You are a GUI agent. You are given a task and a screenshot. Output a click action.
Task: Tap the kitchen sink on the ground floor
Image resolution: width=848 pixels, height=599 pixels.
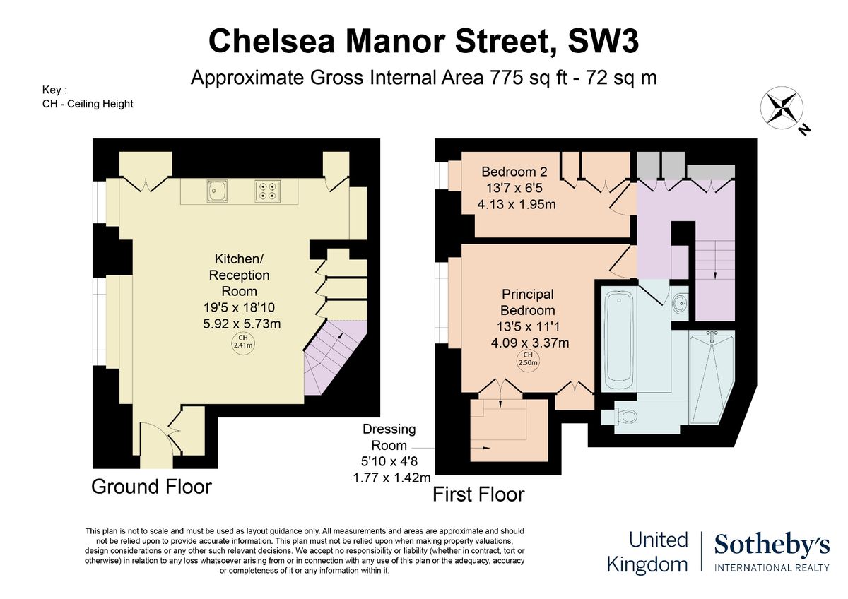(217, 190)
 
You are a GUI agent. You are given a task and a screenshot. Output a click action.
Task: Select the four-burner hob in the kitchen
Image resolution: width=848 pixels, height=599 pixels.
(267, 191)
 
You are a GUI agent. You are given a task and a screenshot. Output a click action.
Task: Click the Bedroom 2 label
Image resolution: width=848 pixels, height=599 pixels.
(514, 172)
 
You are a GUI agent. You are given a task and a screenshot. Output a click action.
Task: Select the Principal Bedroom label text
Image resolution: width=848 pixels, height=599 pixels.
(528, 302)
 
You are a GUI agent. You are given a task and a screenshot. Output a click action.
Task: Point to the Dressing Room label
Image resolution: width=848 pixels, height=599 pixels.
(389, 437)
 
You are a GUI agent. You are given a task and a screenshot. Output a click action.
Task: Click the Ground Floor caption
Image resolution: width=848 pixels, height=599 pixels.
(151, 487)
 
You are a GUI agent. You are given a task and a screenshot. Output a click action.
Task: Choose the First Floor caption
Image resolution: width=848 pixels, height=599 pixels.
(478, 494)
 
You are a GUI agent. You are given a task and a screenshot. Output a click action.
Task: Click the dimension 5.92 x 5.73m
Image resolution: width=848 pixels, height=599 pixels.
(242, 324)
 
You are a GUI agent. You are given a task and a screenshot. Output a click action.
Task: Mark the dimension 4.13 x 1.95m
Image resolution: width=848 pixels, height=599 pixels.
(517, 204)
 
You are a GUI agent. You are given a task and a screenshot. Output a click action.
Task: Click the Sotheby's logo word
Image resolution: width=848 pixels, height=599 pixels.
(772, 545)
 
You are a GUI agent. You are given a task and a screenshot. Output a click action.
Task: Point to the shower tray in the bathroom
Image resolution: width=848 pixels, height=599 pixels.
(712, 376)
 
